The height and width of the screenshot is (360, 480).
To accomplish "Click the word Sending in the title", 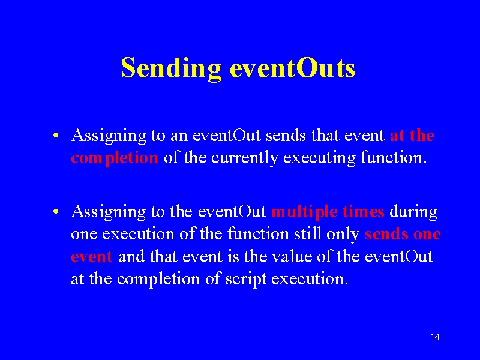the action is click(171, 68).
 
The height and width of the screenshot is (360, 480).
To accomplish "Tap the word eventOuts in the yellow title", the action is click(293, 67).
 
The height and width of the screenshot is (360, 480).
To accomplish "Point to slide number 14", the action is click(435, 337).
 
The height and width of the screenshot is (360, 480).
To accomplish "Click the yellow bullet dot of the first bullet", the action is click(55, 135).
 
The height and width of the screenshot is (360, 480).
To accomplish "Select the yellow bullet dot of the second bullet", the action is click(55, 211).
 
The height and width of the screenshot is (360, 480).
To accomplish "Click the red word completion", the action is click(115, 158).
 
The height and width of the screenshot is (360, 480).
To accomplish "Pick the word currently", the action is click(245, 158).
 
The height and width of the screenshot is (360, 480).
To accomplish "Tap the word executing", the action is click(319, 158).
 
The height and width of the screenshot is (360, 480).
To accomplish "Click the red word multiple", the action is click(305, 212).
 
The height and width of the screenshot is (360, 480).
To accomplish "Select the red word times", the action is click(364, 212).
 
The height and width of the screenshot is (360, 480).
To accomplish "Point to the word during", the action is click(413, 212).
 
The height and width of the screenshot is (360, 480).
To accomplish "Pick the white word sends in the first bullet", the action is click(286, 136).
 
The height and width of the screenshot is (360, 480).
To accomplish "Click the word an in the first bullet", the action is click(179, 136).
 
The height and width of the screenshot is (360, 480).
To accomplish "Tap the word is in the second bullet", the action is click(233, 256).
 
